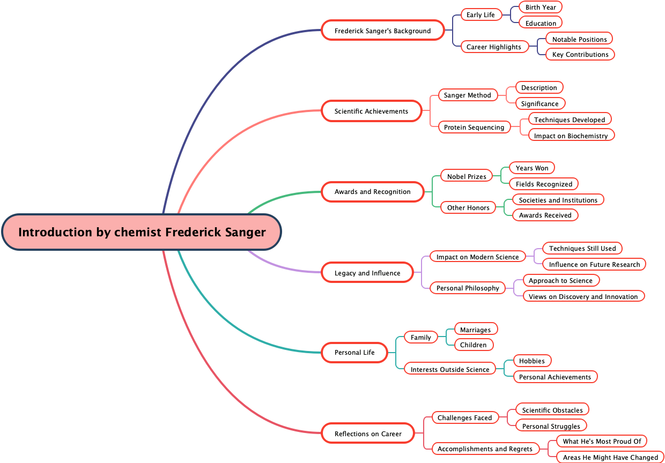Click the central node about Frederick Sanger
142,232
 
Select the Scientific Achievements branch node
372,111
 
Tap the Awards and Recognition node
373,191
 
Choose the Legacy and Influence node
367,273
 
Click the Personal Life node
354,352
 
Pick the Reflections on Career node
368,434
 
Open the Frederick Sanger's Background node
383,31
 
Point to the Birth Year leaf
541,7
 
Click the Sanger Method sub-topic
468,95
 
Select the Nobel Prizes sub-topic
467,176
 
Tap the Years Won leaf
532,168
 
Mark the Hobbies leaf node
532,361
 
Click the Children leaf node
474,345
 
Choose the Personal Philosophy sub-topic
468,288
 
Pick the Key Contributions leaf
580,54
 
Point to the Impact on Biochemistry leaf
571,136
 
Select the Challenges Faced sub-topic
464,417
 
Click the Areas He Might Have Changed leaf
610,457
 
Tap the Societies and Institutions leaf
558,200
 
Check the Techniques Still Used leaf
582,248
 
